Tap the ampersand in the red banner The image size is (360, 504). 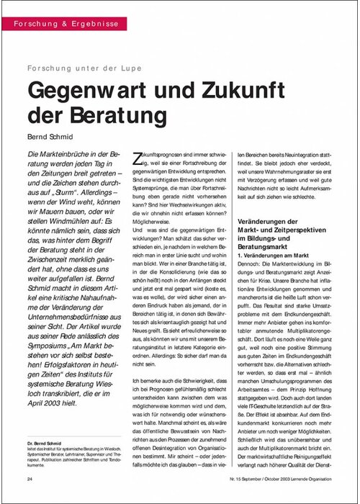57,23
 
